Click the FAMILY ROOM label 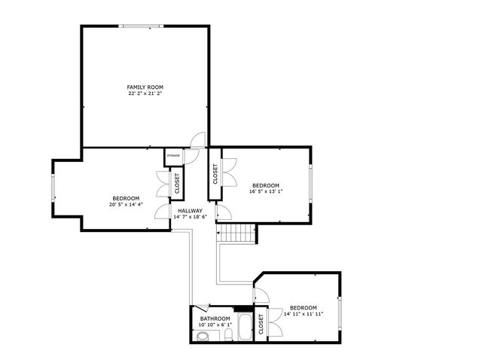(145, 87)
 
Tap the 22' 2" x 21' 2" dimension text (145, 94)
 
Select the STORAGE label (173, 155)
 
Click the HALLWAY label (190, 211)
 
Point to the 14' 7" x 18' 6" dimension (190, 217)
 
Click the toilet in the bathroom (202, 337)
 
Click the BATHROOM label (215, 319)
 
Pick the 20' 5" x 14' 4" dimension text (126, 204)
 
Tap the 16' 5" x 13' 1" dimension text (266, 191)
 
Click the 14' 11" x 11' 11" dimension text (304, 314)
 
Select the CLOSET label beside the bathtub (261, 324)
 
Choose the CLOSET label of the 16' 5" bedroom (215, 175)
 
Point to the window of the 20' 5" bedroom (53, 188)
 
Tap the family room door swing (198, 140)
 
